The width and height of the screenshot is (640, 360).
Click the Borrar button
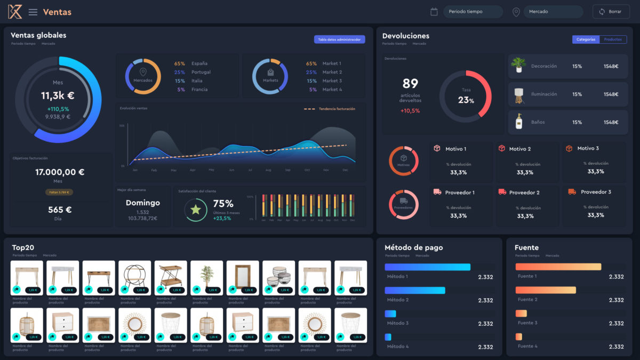click(611, 12)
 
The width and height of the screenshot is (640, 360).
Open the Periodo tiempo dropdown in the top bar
click(473, 12)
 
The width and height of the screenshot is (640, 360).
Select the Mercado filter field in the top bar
click(553, 12)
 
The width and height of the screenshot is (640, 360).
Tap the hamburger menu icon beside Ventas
click(33, 12)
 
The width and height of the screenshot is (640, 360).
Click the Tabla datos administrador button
click(339, 39)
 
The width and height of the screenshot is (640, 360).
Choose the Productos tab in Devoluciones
click(613, 39)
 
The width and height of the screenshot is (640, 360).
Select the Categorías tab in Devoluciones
click(586, 39)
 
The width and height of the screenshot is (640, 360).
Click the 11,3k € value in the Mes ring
click(58, 96)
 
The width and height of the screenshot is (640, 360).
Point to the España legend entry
click(199, 63)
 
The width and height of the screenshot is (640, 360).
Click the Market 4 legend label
click(332, 90)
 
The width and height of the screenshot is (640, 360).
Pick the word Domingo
click(142, 203)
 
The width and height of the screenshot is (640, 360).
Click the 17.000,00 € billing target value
click(60, 172)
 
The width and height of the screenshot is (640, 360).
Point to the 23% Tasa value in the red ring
click(466, 100)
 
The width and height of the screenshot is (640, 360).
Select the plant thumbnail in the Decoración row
click(518, 66)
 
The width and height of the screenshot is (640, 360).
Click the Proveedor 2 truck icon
click(502, 192)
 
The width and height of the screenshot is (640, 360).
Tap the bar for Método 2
click(415, 290)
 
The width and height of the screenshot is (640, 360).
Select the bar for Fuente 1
click(558, 267)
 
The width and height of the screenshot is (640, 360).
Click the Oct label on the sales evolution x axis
click(307, 170)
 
